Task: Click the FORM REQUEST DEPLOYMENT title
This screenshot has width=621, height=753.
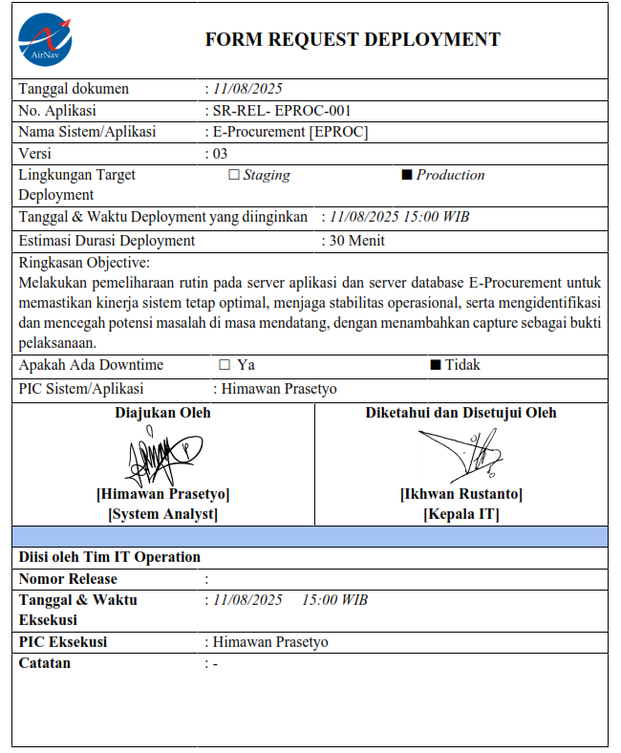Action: point(353,39)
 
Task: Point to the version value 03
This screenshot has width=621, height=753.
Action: point(220,153)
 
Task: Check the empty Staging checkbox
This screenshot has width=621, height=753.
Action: point(234,175)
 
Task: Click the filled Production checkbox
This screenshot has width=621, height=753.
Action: point(406,175)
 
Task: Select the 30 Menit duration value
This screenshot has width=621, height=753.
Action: point(356,241)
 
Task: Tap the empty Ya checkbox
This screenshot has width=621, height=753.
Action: point(225,365)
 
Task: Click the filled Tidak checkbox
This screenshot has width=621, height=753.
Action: point(435,365)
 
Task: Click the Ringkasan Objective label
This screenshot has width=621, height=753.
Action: point(85,262)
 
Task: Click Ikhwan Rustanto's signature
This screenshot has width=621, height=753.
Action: point(460,455)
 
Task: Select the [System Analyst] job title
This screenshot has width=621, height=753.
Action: point(162,514)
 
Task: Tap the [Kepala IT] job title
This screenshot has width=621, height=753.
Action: point(460,514)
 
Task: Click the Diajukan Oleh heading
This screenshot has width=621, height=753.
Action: point(162,413)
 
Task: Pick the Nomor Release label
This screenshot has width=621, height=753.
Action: point(68,578)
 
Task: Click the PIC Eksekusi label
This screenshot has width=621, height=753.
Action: point(63,641)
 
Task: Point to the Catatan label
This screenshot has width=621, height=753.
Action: point(45,662)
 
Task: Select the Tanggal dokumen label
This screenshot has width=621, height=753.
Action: point(74,89)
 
